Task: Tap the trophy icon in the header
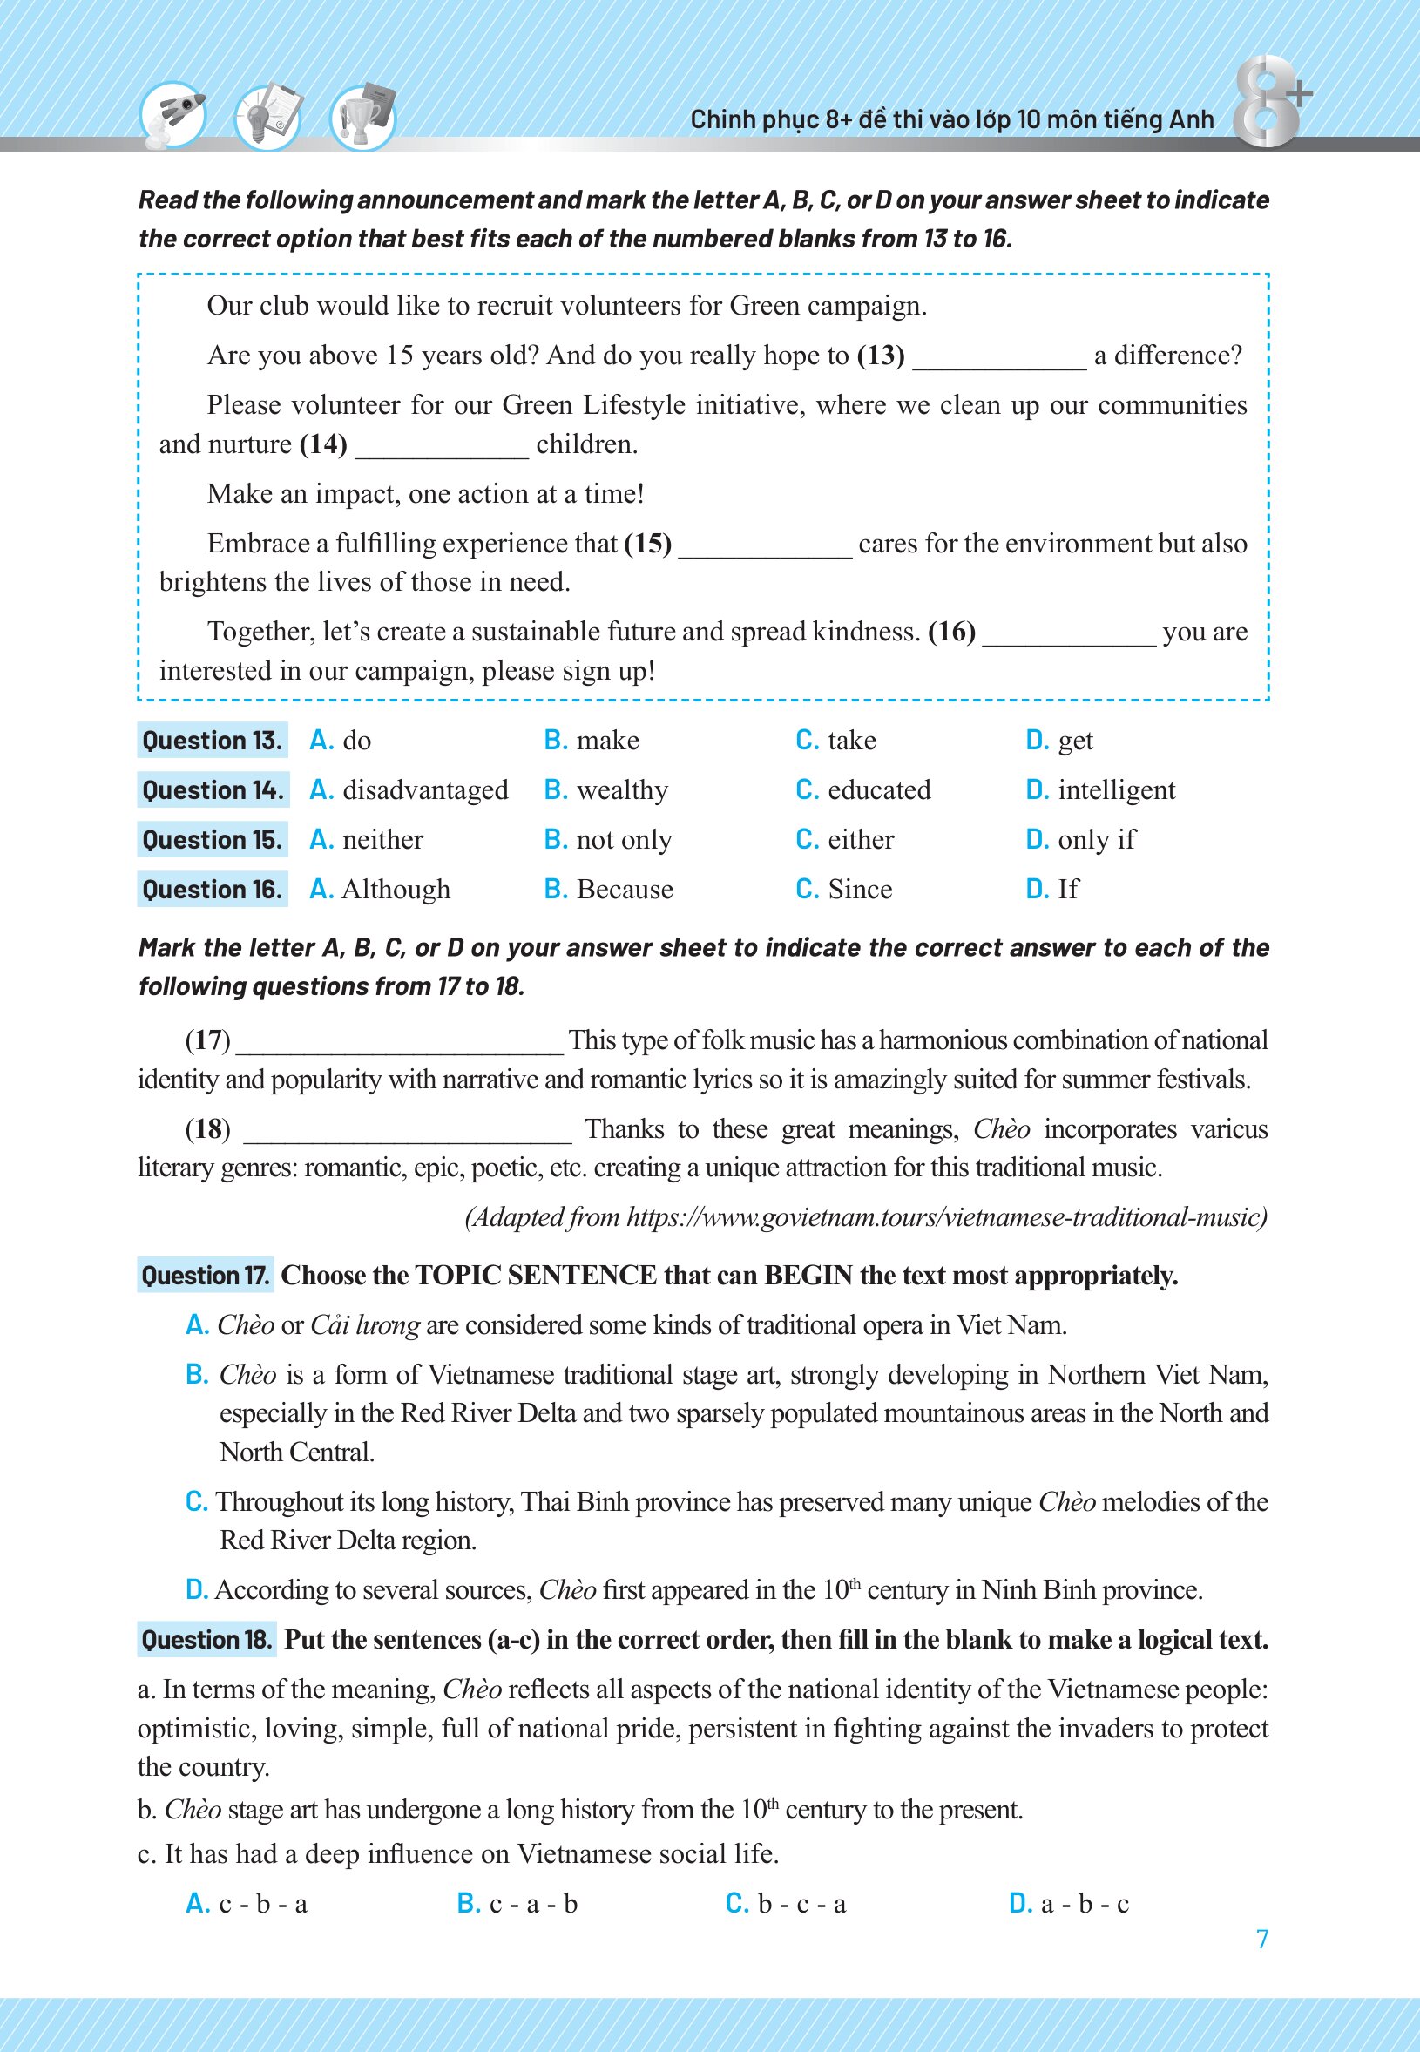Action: click(363, 117)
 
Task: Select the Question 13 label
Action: click(212, 741)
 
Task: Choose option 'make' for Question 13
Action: click(608, 741)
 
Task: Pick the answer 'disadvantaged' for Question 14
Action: click(425, 790)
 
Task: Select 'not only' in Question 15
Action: click(624, 840)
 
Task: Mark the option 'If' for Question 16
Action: click(1068, 889)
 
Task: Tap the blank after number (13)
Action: click(999, 358)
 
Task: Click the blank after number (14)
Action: click(442, 447)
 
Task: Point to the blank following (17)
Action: click(400, 1043)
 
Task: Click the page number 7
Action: click(1261, 1939)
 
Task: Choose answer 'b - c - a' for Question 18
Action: click(801, 1903)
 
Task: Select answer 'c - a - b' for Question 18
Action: click(533, 1903)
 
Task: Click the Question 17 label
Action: click(206, 1275)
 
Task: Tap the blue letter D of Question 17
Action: click(196, 1590)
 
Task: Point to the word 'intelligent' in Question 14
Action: click(1117, 790)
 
